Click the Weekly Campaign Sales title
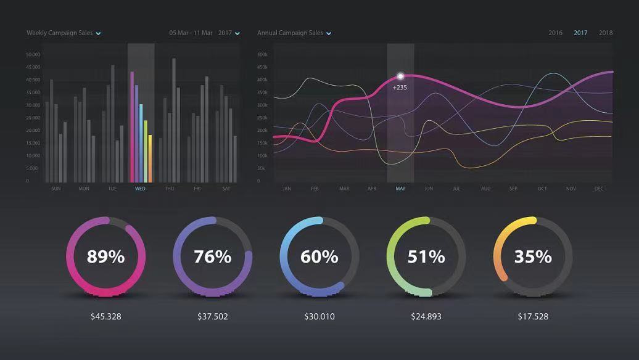coord(59,33)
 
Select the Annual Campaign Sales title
coord(290,33)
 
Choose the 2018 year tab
coord(606,33)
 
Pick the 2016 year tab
coord(555,33)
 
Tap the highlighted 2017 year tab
coord(580,33)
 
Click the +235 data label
coord(400,88)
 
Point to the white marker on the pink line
coord(400,76)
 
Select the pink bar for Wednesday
coord(132,126)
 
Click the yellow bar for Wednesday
coord(146,151)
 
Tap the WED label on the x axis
coord(140,189)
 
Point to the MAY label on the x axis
coord(400,189)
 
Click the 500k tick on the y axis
coord(262,55)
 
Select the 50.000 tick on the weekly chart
coord(33,54)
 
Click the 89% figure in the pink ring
coord(105,256)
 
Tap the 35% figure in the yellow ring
coord(533,256)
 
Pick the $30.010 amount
coord(319,317)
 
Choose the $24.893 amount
coord(426,317)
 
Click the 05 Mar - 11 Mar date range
coord(191,33)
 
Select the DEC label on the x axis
coord(599,189)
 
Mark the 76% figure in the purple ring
coord(212,256)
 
